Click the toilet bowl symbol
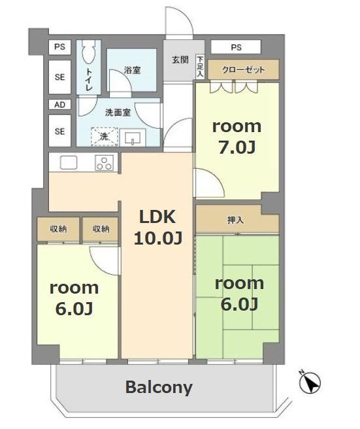pos(88,50)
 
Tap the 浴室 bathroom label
pos(132,70)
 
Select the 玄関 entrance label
pos(180,60)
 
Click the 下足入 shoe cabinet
pos(200,67)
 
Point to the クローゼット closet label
pos(243,69)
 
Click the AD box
pos(60,104)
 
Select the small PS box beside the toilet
pos(60,47)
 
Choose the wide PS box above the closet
pos(236,47)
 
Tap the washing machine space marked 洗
pos(105,137)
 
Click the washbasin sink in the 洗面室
pos(133,137)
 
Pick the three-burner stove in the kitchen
pos(105,163)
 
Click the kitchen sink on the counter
pos(69,163)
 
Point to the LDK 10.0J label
pos(158,227)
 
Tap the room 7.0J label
pos(237,137)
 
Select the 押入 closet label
pos(235,220)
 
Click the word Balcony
pos(159,387)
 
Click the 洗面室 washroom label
pos(118,112)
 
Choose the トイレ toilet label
pos(89,79)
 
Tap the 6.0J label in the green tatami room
pos(239,303)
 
